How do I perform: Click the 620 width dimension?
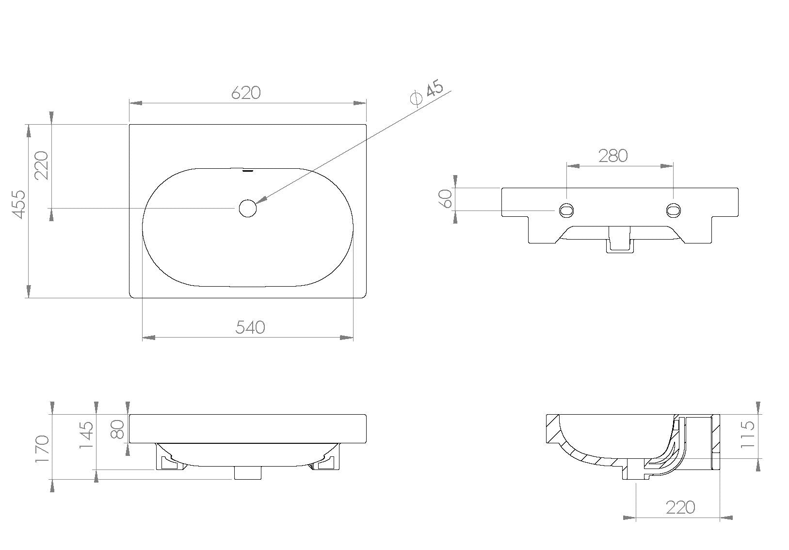[x=246, y=93]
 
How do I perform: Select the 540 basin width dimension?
[x=250, y=327]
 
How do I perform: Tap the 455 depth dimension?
[x=19, y=204]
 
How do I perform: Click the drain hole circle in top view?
[x=247, y=208]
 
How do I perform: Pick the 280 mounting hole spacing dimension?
[x=613, y=156]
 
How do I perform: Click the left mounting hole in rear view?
[x=566, y=210]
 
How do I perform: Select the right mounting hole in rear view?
[x=673, y=210]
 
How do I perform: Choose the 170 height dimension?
[x=42, y=448]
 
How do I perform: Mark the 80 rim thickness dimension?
[x=118, y=429]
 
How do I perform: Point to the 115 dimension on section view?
[x=748, y=434]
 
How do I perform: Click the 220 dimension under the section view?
[x=680, y=507]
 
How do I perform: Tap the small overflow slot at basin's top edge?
[x=248, y=170]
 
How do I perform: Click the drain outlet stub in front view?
[x=248, y=473]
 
